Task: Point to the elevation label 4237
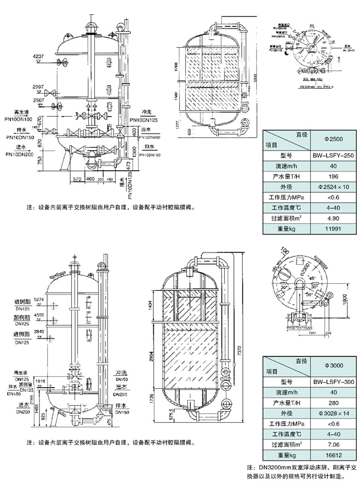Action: tap(38, 57)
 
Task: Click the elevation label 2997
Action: tap(38, 87)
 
